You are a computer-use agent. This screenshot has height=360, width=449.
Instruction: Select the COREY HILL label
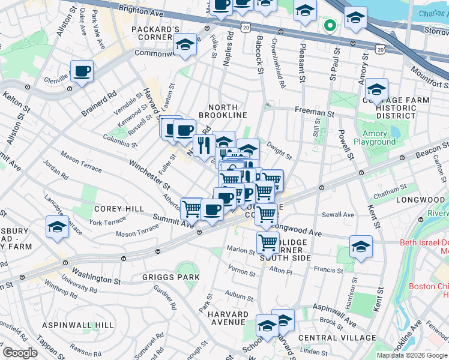coord(118,208)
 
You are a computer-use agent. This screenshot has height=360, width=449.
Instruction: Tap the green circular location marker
coord(329,26)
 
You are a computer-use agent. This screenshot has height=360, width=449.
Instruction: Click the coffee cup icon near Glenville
coord(82,71)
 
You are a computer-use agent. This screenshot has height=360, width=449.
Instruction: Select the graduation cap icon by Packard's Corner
coord(185,46)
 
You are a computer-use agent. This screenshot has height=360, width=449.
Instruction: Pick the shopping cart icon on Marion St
coord(267,243)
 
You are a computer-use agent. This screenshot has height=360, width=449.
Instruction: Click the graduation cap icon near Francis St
coord(361,247)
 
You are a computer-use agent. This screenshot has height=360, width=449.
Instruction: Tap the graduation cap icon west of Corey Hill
coord(57,227)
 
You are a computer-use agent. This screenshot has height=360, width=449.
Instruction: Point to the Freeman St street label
coord(314,112)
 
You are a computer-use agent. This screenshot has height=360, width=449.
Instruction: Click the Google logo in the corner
coord(20,353)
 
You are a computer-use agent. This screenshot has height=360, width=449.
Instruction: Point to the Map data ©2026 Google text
coord(411,355)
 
